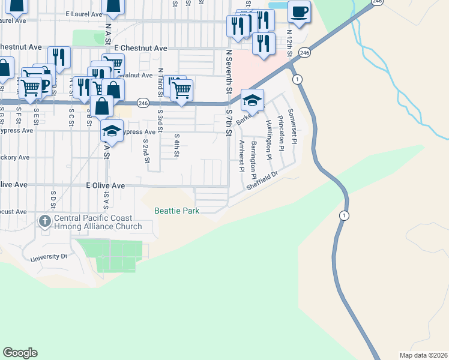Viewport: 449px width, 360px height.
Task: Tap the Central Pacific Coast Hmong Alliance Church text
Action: [98, 223]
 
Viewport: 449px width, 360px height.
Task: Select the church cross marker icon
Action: [44, 222]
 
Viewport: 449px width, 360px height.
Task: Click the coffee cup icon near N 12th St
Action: [299, 11]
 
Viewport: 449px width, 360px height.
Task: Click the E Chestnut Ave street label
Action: [140, 47]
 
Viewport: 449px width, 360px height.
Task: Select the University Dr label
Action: [49, 257]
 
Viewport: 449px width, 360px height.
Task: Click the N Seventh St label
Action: [229, 72]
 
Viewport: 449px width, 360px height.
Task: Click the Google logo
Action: [20, 352]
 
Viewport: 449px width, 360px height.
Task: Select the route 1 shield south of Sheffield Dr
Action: [343, 215]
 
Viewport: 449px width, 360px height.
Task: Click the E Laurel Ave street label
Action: [84, 13]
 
